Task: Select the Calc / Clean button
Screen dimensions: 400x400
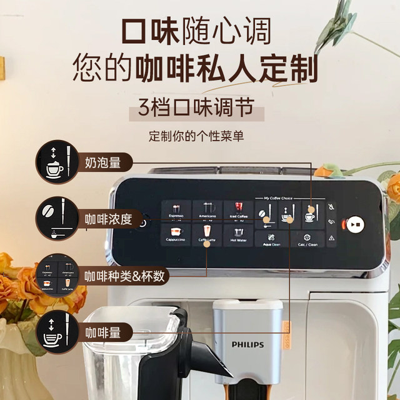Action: [308, 239]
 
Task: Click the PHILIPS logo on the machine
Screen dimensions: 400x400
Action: [248, 344]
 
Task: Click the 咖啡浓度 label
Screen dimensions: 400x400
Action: [108, 219]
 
